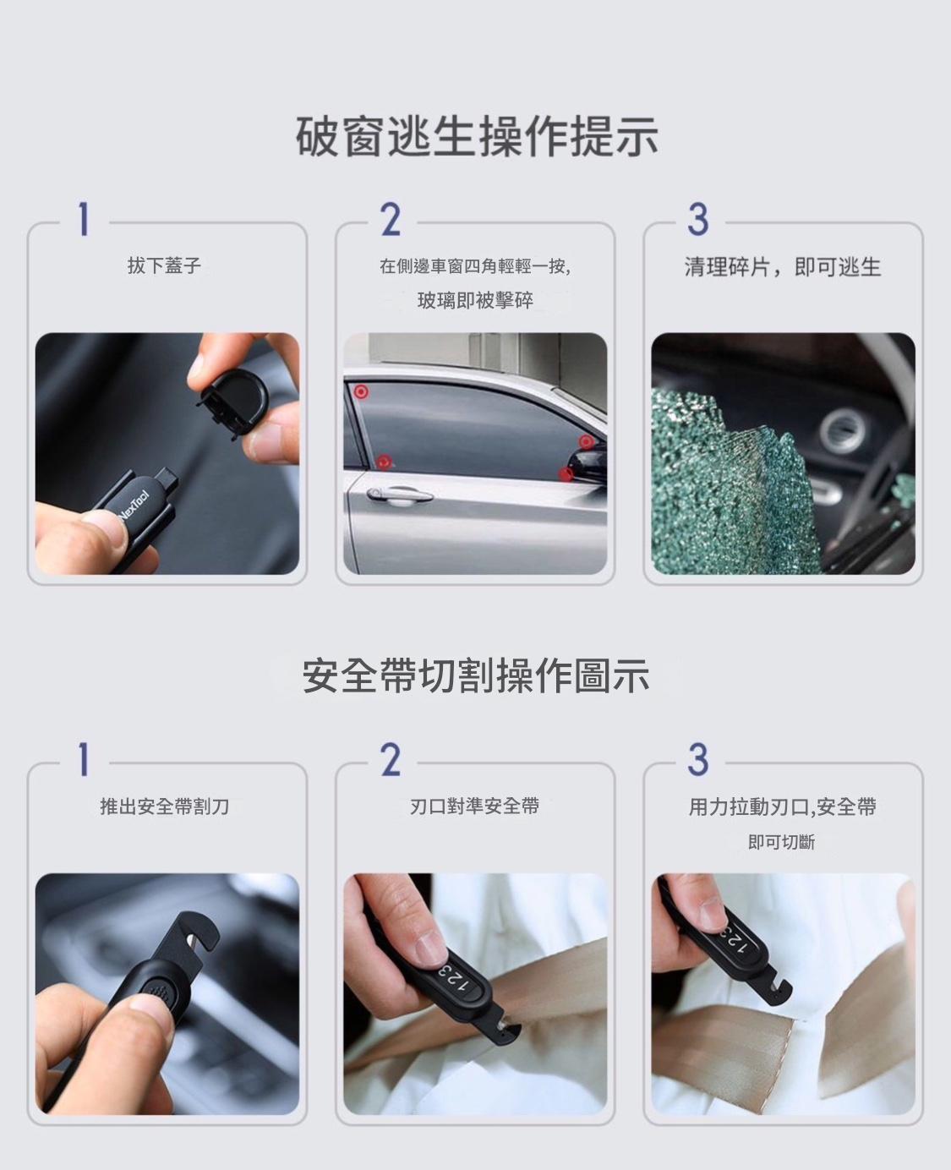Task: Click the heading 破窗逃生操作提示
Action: click(x=477, y=136)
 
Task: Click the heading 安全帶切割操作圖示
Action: click(x=476, y=675)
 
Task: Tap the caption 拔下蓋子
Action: click(x=164, y=265)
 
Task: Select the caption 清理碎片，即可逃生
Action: click(x=783, y=267)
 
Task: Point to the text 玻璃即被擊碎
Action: click(x=475, y=300)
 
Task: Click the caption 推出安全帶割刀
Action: click(x=164, y=806)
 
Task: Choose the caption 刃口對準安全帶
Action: click(x=474, y=806)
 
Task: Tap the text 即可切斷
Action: click(x=781, y=841)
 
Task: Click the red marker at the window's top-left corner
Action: click(x=361, y=391)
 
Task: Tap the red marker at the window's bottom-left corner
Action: click(x=385, y=462)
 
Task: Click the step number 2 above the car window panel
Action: click(x=391, y=220)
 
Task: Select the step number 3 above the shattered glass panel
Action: click(x=698, y=220)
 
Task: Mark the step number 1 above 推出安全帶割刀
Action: click(x=84, y=760)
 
